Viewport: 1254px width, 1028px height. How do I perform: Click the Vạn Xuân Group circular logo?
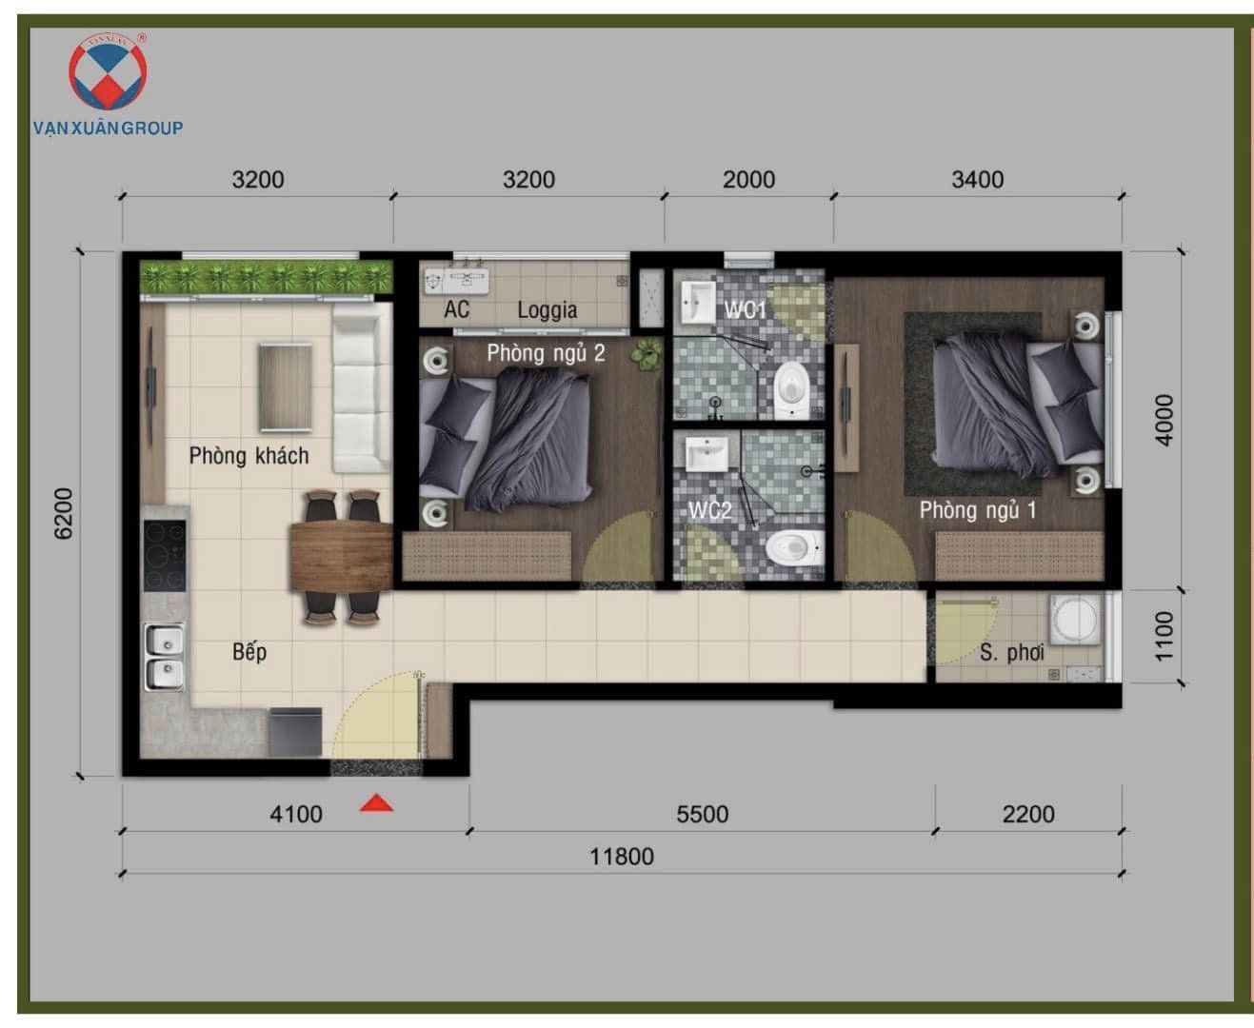coord(108,72)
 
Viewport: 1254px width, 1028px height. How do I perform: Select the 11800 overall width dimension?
coord(622,856)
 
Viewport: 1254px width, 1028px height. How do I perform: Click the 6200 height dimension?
coord(63,514)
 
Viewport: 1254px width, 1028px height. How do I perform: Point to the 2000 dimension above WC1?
coord(748,180)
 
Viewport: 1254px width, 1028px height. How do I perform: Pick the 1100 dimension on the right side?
coord(1164,636)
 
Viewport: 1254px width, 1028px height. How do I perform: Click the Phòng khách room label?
coord(249,456)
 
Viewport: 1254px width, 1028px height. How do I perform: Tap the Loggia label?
coord(547,309)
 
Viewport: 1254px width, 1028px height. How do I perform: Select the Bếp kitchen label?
coord(249,652)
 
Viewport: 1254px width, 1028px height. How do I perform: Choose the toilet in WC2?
coord(794,547)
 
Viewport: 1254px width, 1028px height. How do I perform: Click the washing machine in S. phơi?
coord(1076,620)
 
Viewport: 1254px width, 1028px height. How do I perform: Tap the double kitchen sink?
coord(165,657)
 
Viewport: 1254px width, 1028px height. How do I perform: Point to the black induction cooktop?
coord(165,556)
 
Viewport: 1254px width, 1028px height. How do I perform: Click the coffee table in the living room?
coord(286,387)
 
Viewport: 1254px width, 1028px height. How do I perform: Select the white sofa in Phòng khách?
coord(362,388)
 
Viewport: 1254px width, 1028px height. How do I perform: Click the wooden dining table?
coord(341,556)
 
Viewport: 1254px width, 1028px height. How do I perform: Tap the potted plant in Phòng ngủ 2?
coord(647,354)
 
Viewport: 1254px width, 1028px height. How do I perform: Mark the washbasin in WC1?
coord(698,304)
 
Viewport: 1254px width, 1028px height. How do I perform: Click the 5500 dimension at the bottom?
coord(702,814)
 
